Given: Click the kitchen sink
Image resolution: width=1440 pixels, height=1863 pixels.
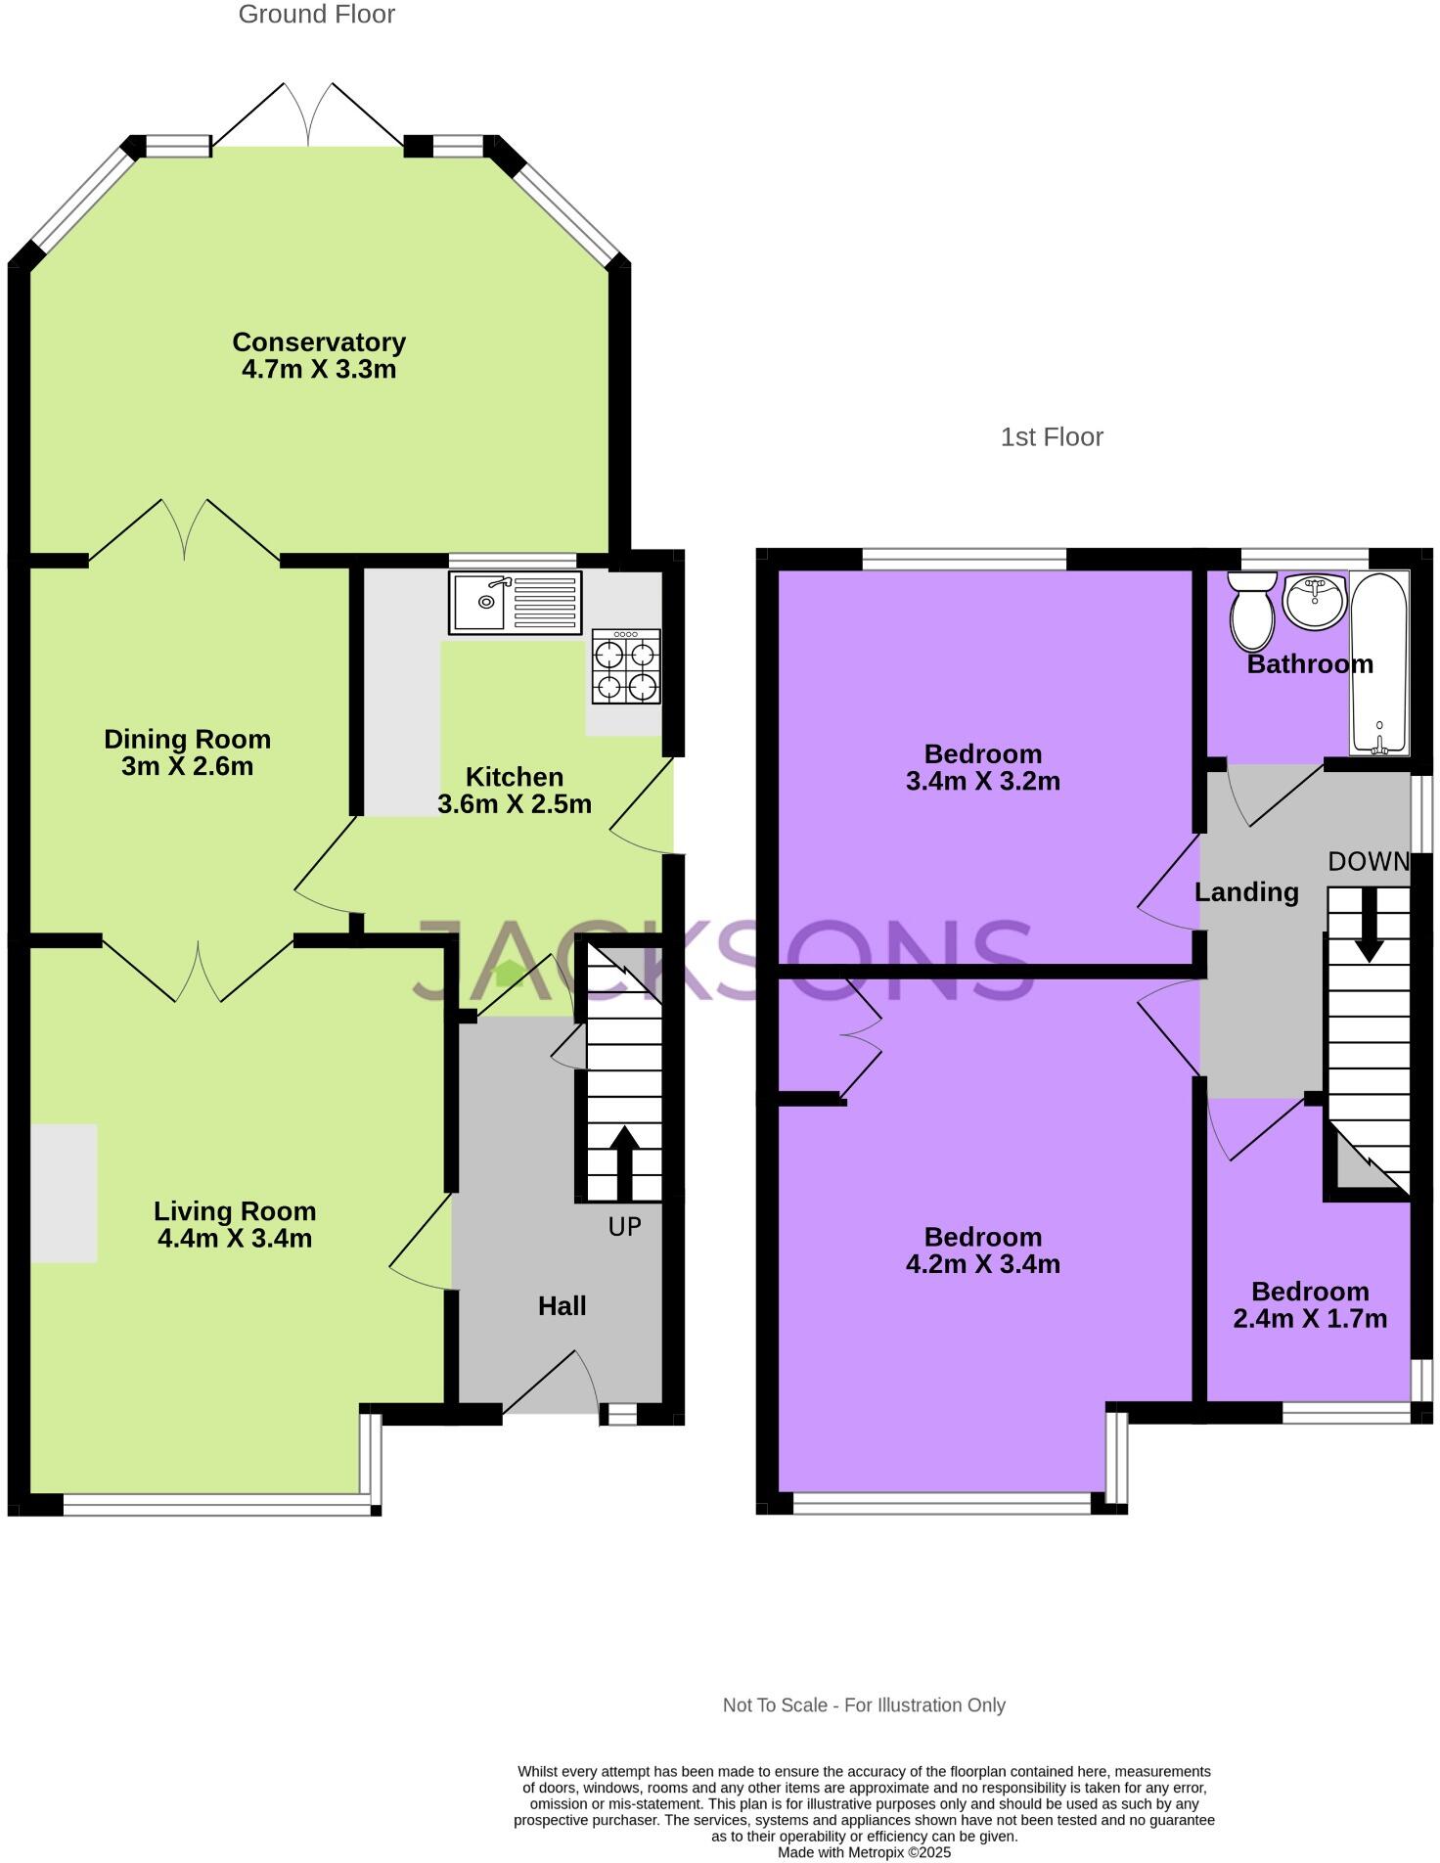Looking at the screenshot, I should coord(515,602).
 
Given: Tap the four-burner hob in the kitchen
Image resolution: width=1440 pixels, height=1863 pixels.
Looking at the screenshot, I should coord(626,667).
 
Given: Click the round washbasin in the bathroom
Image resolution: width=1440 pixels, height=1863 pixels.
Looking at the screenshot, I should coord(1315,601).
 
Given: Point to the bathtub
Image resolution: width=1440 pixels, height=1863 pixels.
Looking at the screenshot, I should coord(1379,663).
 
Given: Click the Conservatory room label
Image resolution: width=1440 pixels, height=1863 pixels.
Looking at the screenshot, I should coord(319,342).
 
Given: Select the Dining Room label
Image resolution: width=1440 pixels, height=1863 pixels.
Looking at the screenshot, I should coord(187,739).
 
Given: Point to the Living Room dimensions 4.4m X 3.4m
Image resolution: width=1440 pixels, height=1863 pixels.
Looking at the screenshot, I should coord(235,1239).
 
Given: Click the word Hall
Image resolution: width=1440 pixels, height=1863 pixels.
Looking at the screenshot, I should coord(562,1305).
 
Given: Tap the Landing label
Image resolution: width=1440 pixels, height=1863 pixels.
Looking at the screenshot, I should coord(1246,891).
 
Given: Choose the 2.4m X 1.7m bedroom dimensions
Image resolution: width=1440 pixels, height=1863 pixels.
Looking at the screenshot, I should coord(1309,1318).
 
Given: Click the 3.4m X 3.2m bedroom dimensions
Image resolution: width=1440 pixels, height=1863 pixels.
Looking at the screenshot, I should coord(982,781).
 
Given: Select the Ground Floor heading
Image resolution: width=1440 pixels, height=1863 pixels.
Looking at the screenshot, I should coord(316,15).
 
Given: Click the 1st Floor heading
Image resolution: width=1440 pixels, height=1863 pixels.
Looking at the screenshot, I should coord(1051,436).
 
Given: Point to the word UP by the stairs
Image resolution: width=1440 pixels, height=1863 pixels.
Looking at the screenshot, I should coord(624,1226).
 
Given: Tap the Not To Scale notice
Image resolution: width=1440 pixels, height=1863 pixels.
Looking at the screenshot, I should coord(863,1704).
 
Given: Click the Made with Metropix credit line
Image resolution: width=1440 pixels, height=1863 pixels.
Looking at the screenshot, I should coord(863,1852).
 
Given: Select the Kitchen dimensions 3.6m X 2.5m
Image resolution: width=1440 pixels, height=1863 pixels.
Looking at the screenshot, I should coord(514,804).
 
